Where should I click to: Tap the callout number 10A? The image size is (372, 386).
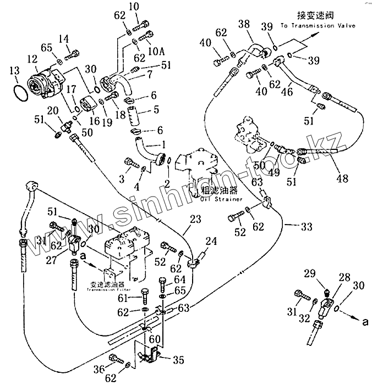[x=157, y=51]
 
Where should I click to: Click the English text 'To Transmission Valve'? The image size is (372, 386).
[x=318, y=25]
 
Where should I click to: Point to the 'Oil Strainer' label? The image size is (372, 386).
[x=222, y=199]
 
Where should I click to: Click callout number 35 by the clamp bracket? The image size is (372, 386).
[x=178, y=360]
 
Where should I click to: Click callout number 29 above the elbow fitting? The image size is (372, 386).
[x=310, y=273]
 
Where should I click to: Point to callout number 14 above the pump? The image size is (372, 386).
[x=64, y=38]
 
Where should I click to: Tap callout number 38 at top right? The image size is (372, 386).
[x=244, y=24]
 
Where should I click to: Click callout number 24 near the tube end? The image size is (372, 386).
[x=212, y=240]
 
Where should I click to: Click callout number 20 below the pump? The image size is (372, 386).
[x=52, y=111]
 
